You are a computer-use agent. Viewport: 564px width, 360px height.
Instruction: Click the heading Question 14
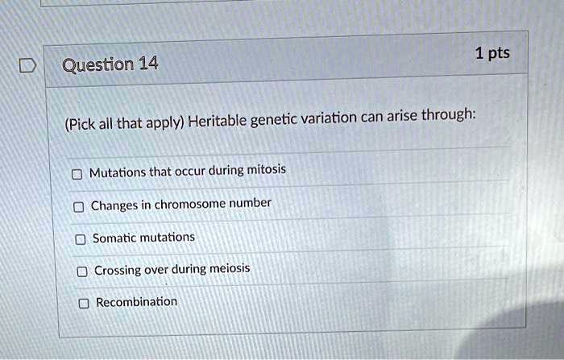110,62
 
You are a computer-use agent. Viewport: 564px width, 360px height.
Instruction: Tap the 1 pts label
492,54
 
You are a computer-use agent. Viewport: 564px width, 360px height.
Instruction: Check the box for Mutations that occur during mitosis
77,173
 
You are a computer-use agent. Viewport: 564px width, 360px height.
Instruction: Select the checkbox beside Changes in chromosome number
78,206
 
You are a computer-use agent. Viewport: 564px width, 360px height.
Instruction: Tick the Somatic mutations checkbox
80,239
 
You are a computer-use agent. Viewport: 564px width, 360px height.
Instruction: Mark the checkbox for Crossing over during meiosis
81,271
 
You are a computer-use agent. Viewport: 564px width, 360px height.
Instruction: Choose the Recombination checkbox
84,304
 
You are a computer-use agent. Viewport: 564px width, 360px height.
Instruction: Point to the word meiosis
230,268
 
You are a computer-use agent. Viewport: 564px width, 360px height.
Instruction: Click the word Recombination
136,302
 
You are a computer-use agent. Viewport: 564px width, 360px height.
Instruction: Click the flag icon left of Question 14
26,65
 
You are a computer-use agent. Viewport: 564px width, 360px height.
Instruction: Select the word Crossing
118,271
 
